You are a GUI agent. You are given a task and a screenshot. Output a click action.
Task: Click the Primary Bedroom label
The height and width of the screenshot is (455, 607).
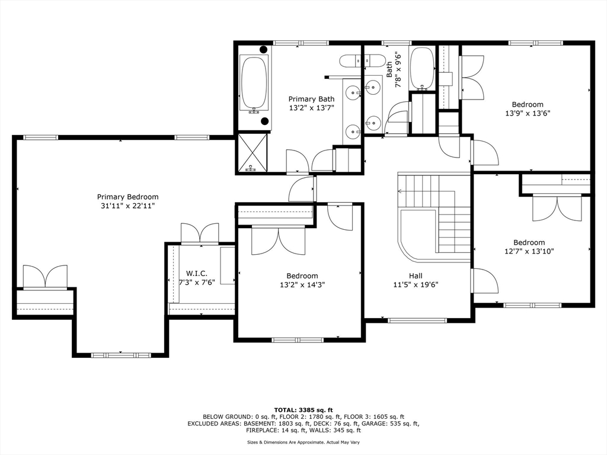click(128, 197)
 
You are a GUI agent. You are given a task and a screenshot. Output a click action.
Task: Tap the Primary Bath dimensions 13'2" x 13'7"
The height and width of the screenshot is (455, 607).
click(311, 108)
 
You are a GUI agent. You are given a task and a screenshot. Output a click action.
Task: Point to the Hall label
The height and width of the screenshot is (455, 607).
click(416, 276)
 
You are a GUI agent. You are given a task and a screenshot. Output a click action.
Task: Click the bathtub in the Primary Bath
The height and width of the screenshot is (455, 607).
click(254, 84)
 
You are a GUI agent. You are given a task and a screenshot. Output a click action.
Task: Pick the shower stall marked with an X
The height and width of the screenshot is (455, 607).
click(252, 152)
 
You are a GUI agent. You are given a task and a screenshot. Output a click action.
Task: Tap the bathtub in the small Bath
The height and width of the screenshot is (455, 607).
click(421, 69)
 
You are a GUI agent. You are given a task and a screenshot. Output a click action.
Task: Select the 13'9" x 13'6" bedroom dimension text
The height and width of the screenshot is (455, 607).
click(528, 113)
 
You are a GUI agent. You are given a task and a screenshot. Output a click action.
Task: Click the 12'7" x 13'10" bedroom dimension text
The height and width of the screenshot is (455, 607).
click(529, 251)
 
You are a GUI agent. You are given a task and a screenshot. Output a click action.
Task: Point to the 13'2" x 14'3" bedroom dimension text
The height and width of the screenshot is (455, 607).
click(302, 285)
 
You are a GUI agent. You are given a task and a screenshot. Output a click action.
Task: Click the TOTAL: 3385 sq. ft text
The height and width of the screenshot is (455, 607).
click(303, 410)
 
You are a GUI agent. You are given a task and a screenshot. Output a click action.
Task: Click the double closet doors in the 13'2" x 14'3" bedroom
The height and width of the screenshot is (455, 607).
click(279, 241)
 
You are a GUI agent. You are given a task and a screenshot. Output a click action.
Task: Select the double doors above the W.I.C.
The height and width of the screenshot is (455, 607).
click(200, 232)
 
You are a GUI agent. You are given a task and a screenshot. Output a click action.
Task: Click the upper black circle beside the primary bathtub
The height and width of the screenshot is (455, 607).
click(263, 50)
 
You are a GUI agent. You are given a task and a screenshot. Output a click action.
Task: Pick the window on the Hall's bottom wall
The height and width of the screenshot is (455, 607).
click(417, 321)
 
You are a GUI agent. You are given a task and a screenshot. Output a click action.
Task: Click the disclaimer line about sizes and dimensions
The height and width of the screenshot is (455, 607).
click(303, 442)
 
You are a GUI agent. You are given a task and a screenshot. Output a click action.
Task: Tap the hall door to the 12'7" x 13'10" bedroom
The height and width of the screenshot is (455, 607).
click(484, 281)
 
